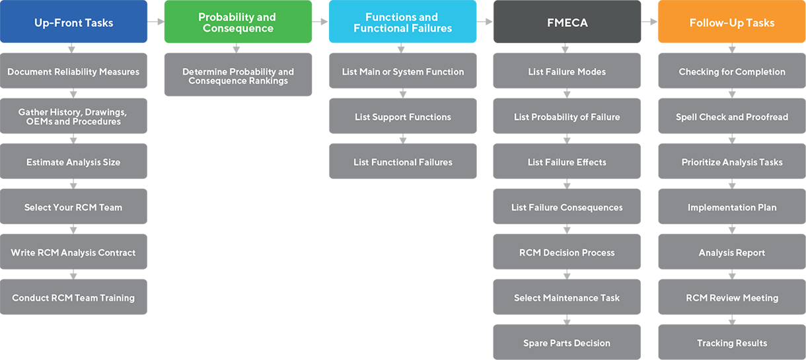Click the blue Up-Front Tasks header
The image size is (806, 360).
pyautogui.click(x=73, y=23)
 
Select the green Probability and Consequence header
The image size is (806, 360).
pyautogui.click(x=237, y=23)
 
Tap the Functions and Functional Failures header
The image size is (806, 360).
pyautogui.click(x=402, y=23)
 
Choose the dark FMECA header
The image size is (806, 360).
pyautogui.click(x=567, y=23)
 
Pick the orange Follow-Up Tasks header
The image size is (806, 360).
pyautogui.click(x=731, y=23)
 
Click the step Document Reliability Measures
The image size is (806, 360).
pyautogui.click(x=73, y=72)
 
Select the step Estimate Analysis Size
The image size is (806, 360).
pyautogui.click(x=73, y=162)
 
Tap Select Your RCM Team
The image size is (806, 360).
pyautogui.click(x=73, y=207)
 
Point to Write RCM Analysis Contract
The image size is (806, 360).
pyautogui.click(x=73, y=253)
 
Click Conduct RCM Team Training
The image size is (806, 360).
pyautogui.click(x=73, y=298)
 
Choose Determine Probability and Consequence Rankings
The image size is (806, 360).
pyautogui.click(x=238, y=77)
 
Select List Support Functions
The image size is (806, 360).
pyautogui.click(x=402, y=118)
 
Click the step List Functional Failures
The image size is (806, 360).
pyautogui.click(x=402, y=162)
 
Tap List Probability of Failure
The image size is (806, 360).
pyautogui.click(x=567, y=118)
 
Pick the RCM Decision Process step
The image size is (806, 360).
pyautogui.click(x=567, y=253)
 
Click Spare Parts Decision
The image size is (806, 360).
pyautogui.click(x=567, y=343)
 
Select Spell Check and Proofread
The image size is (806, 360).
pyautogui.click(x=731, y=118)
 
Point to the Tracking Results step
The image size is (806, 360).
pyautogui.click(x=731, y=343)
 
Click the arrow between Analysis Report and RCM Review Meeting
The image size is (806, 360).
pyautogui.click(x=731, y=275)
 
